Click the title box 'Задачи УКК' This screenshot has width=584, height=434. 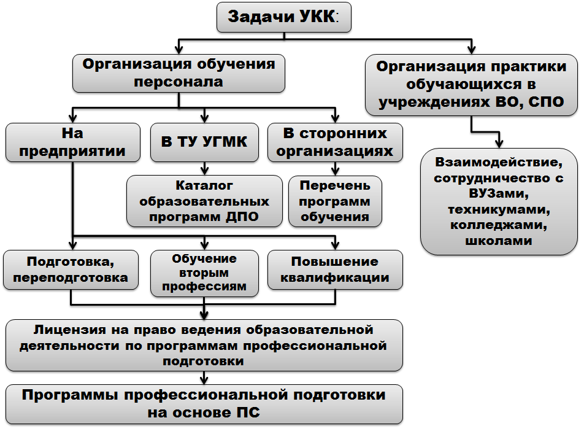point(284,17)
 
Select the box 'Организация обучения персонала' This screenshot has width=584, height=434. point(179,73)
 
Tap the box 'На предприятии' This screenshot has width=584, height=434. point(73,142)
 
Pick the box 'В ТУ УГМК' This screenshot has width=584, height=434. point(204,142)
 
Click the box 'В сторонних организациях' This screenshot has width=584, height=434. point(335,142)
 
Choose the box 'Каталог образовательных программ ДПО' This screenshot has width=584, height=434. point(204,201)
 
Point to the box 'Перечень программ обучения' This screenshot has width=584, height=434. point(335,201)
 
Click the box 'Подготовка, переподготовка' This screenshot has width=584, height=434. point(71,270)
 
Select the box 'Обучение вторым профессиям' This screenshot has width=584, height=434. point(204,273)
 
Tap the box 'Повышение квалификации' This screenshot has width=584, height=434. point(335,270)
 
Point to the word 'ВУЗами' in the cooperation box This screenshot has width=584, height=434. point(499,193)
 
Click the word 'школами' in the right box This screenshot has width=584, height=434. point(499,241)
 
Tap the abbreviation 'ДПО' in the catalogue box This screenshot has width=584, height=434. point(241,217)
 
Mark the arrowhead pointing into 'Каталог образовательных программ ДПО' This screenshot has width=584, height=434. point(204,171)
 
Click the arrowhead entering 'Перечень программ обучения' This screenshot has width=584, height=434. point(335,171)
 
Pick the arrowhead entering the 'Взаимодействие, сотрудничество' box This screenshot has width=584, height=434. point(499,144)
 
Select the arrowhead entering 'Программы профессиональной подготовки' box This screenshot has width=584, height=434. point(204,381)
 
